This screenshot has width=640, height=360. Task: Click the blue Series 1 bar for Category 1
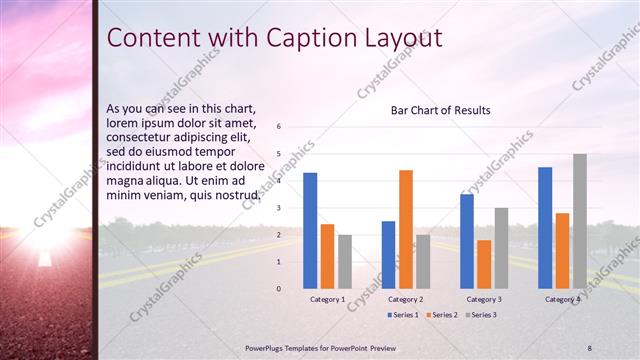coord(310,230)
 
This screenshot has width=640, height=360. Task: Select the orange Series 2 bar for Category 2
coord(406,229)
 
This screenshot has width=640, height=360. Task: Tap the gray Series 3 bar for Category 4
coord(580,221)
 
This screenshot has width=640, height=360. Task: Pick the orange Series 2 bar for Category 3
coord(484,264)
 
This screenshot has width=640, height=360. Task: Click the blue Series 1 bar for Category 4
coord(545,227)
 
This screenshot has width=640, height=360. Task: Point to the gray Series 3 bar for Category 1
coord(345,262)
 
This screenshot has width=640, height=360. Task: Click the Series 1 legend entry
coord(404,315)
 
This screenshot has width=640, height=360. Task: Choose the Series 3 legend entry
coord(481,315)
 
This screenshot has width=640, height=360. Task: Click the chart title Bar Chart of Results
coord(440,110)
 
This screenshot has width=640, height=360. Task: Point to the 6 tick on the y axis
coord(279,126)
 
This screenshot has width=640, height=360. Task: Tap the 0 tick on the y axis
coord(279,289)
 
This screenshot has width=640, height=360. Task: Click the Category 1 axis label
coord(327,299)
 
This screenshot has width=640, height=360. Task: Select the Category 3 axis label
coord(484,299)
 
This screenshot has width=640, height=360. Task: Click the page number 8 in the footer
coord(590,347)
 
